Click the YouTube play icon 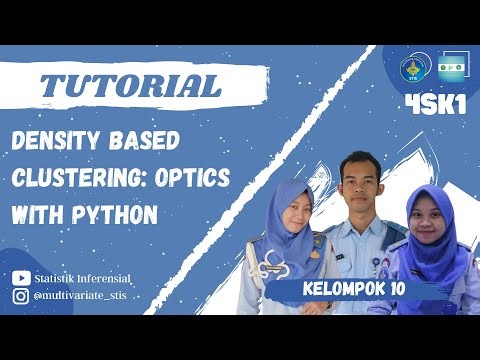pos(21,278)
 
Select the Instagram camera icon pos(21,296)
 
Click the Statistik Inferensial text pos(82,278)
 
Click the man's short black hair pos(355,162)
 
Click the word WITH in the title pos(41,214)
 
